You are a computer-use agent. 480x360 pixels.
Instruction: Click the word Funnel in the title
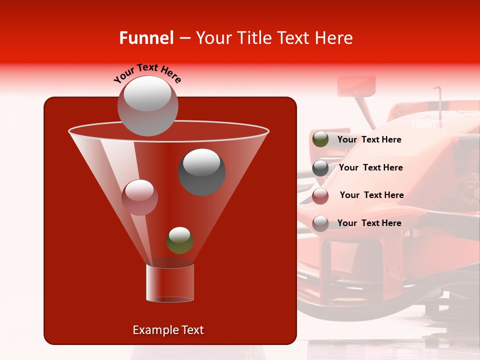(x=146, y=38)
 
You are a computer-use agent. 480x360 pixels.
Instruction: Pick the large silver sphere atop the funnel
(x=147, y=105)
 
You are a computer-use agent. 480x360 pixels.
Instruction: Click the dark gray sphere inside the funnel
(x=202, y=171)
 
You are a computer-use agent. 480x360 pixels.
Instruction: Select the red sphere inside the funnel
(x=139, y=197)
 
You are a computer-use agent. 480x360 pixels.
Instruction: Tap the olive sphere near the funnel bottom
(x=179, y=240)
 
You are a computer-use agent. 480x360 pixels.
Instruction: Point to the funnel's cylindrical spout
(x=170, y=283)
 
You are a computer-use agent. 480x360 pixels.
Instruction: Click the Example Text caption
(x=168, y=330)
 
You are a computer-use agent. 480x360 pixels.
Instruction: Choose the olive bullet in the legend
(x=320, y=139)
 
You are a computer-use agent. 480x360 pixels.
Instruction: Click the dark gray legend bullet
(x=320, y=168)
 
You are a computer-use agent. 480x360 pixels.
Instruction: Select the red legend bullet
(x=320, y=195)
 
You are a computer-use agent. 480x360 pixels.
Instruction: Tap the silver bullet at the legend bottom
(x=320, y=223)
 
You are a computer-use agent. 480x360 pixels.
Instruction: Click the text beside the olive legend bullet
(x=369, y=139)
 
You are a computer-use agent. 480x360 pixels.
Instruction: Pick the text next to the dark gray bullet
(x=370, y=167)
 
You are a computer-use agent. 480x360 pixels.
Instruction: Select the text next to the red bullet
(x=371, y=195)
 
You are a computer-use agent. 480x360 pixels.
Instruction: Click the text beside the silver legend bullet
(x=369, y=223)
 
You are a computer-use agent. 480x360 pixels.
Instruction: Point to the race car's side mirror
(x=356, y=85)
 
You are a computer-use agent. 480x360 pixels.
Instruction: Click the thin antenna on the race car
(x=440, y=102)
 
